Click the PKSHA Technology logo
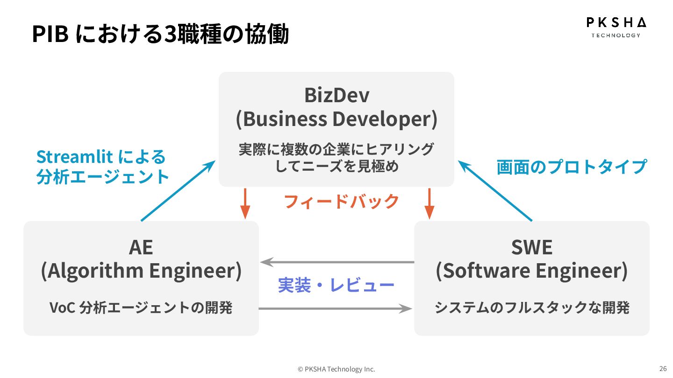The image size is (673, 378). tap(616, 27)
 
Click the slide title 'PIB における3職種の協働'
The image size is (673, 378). tap(160, 34)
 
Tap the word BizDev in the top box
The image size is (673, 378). tap(336, 95)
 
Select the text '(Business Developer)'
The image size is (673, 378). tap(336, 119)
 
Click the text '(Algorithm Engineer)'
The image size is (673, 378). tap(141, 271)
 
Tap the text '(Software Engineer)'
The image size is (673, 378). tap(532, 271)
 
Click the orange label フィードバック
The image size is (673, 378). tap(341, 201)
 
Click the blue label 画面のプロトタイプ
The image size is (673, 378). tap(571, 167)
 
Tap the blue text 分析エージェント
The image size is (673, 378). tap(103, 177)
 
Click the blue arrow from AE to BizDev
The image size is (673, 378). tap(178, 191)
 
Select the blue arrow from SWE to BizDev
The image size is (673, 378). tap(495, 191)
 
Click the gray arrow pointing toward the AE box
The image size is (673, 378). tap(336, 262)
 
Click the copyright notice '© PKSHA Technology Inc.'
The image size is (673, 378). tap(336, 369)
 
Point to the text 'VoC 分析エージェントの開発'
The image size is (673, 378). tap(141, 308)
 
